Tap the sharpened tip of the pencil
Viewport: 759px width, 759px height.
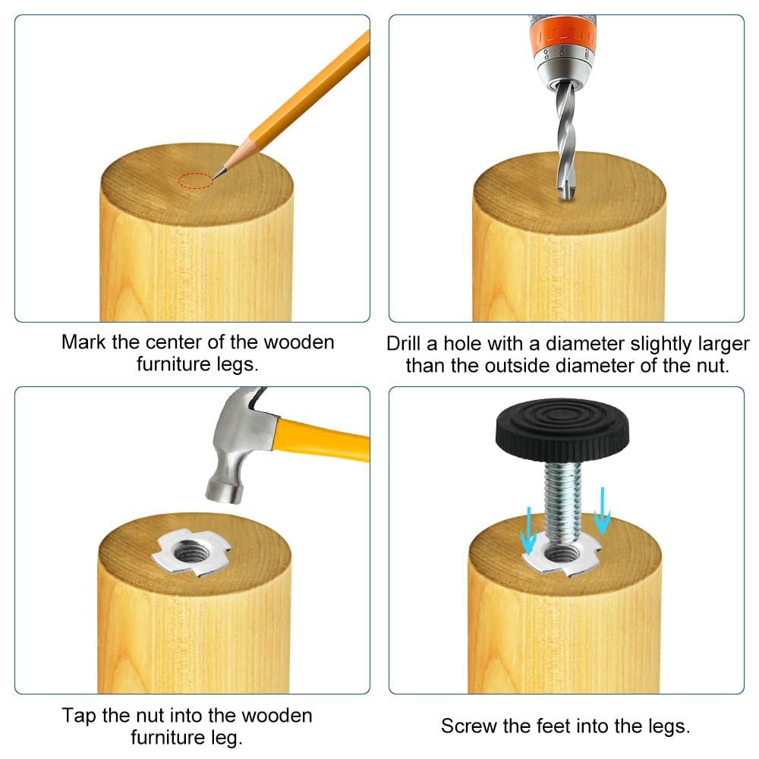point(213,178)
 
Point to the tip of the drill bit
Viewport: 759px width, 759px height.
point(567,198)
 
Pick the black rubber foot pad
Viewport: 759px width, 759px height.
point(562,429)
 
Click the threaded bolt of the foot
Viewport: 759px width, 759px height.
point(562,498)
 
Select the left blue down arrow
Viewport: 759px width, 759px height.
point(528,530)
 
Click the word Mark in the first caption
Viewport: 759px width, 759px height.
point(83,342)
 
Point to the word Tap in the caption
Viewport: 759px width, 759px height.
point(80,716)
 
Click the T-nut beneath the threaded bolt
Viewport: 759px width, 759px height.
point(562,556)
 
